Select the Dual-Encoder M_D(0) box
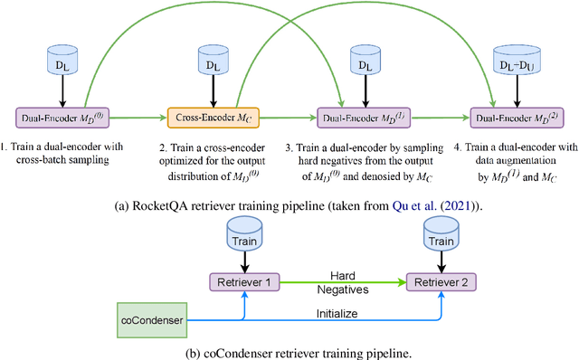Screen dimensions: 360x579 tap(61, 116)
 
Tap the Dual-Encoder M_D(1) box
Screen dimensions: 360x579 tap(364, 116)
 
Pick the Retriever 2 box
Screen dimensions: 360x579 tap(441, 282)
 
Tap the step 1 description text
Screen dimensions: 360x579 tap(61, 151)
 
